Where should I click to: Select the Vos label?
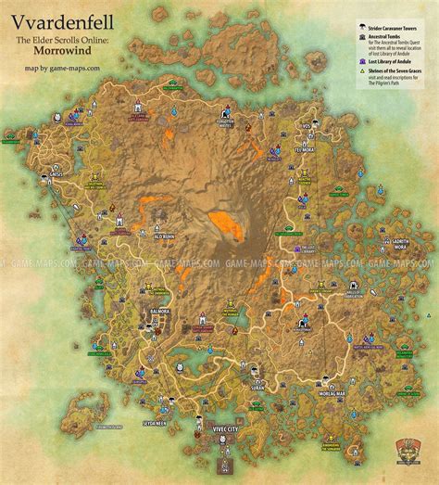307,123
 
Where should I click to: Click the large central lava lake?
225,223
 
